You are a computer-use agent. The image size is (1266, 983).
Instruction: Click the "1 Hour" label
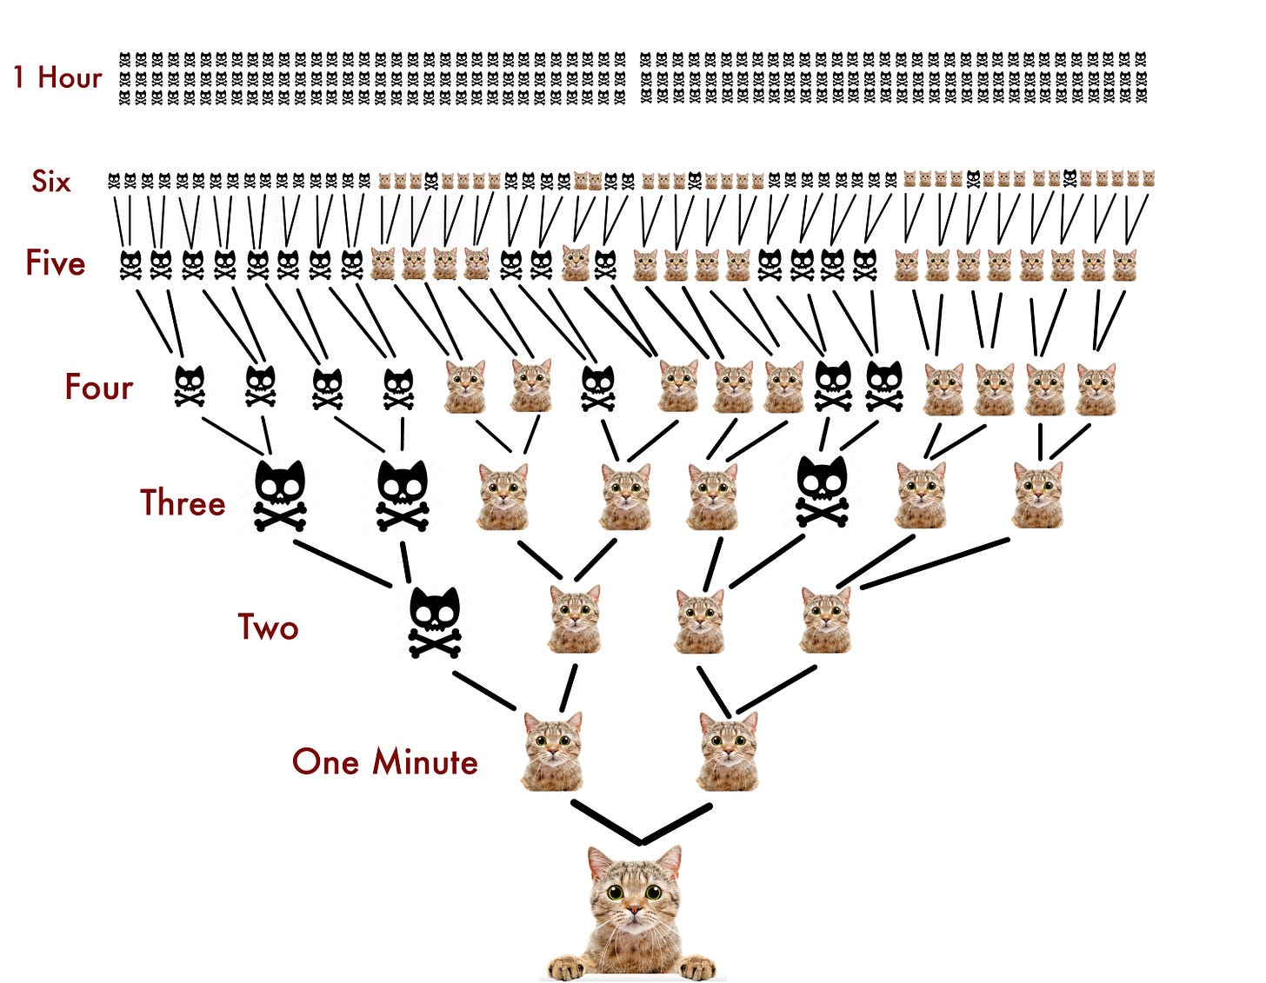(x=57, y=77)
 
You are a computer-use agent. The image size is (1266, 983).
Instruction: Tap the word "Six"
(x=51, y=181)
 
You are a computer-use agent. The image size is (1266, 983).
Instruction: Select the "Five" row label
(x=56, y=262)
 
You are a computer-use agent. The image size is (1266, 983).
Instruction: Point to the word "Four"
(x=98, y=387)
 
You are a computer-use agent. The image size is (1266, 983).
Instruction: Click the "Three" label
(x=183, y=502)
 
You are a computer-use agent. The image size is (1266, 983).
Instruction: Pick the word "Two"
(x=268, y=627)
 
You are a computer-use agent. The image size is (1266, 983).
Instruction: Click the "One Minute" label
(x=384, y=761)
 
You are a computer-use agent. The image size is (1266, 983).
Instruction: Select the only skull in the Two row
(x=435, y=622)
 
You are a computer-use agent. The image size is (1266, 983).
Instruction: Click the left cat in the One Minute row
(x=552, y=749)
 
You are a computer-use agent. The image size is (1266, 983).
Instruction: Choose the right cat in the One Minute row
(x=729, y=749)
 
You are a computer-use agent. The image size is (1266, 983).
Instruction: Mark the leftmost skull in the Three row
(x=280, y=495)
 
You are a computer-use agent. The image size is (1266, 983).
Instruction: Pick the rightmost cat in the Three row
(x=1037, y=495)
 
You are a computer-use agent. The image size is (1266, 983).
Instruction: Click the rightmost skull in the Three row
(x=823, y=491)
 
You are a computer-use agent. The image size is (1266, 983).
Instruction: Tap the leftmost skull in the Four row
(x=190, y=386)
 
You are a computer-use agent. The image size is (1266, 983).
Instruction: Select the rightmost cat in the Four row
(x=1096, y=388)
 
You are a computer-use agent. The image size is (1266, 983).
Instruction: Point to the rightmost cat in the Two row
(x=826, y=619)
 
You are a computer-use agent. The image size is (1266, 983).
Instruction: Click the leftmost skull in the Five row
(x=130, y=264)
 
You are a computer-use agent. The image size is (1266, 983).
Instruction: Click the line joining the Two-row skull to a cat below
(x=484, y=691)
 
